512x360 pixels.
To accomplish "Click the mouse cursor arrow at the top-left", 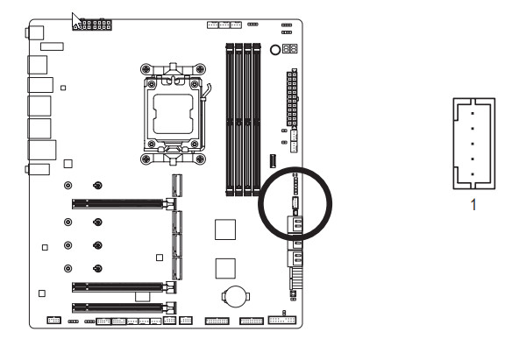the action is pyautogui.click(x=75, y=20).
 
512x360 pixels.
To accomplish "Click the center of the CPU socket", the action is pyautogui.click(x=173, y=114).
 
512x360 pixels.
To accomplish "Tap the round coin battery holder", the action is pyautogui.click(x=236, y=296).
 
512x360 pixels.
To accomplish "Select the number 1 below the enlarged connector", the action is pyautogui.click(x=473, y=205).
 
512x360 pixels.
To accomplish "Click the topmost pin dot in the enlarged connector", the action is pyautogui.click(x=473, y=114).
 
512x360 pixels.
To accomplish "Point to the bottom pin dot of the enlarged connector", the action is pyautogui.click(x=473, y=174).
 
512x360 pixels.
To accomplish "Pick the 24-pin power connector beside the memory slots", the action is pyautogui.click(x=292, y=98).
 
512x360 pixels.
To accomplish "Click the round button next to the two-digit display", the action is pyautogui.click(x=275, y=50).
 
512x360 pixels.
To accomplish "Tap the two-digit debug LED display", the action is pyautogui.click(x=289, y=49).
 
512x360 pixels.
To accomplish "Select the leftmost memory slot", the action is pyautogui.click(x=230, y=119).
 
